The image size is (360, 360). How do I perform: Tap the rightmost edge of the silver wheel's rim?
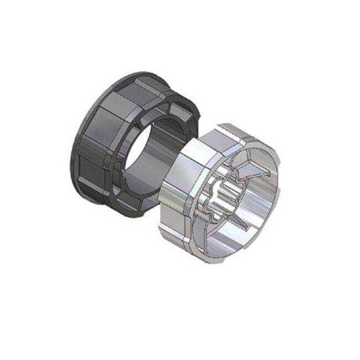[280, 183]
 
